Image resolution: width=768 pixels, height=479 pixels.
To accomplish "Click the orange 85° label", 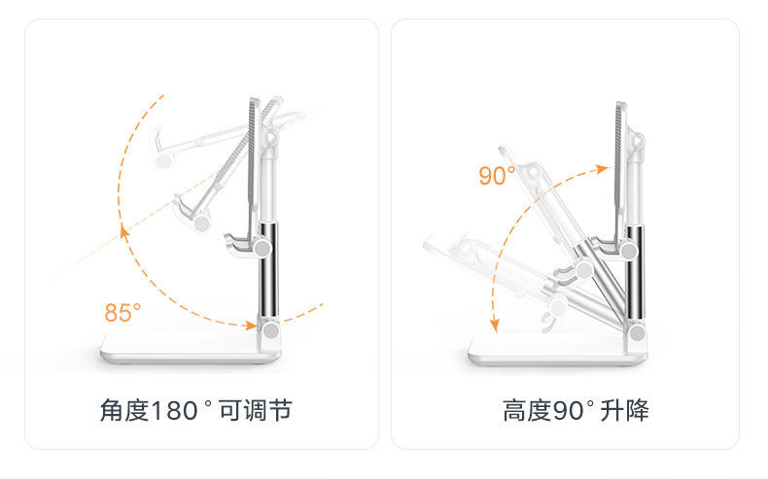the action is tap(122, 313).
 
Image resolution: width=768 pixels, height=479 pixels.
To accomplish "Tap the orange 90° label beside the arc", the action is tap(497, 176).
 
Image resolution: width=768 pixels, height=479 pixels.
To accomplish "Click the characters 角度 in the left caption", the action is tap(123, 410).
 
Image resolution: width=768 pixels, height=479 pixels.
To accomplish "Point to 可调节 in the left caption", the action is tap(255, 410).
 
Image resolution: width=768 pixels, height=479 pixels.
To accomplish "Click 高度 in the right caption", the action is tap(526, 410).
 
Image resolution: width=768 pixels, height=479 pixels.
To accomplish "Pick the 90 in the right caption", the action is tap(566, 410).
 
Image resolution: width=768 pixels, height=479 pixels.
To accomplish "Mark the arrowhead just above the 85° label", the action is tap(123, 231).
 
